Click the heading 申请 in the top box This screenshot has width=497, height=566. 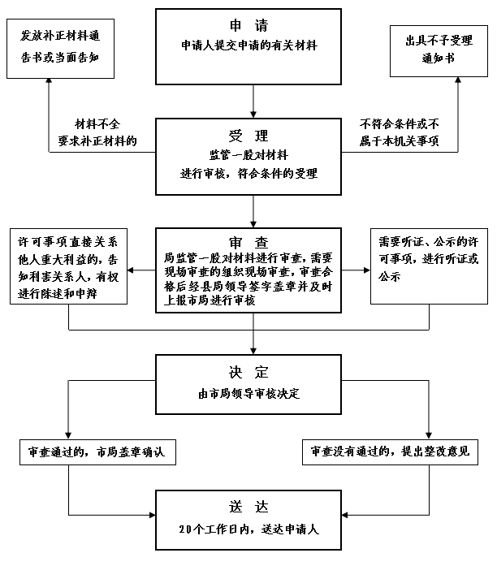point(248,25)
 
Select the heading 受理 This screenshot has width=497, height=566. point(248,136)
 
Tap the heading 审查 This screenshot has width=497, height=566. point(248,242)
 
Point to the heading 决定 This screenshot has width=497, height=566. point(248,373)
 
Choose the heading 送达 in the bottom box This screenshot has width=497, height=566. point(248,508)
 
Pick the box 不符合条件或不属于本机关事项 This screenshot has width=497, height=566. point(399,133)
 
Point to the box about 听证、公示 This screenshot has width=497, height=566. point(428,260)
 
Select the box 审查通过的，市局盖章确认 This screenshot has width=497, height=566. point(96,452)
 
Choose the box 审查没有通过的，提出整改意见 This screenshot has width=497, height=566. point(391,452)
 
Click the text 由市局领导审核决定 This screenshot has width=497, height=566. point(248,394)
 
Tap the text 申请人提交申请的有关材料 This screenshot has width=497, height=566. point(248,46)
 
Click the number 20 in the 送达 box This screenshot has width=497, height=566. point(185,529)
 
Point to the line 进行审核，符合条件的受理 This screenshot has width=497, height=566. point(248,173)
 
